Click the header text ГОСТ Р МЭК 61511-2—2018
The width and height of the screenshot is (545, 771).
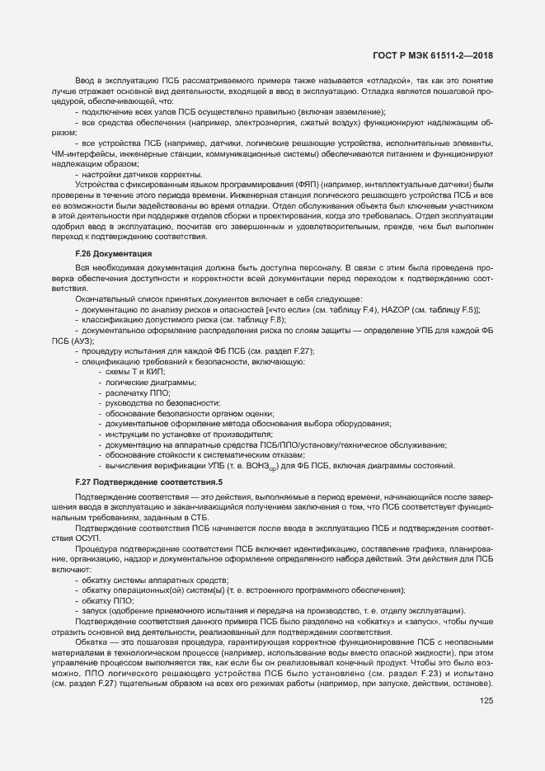point(444,55)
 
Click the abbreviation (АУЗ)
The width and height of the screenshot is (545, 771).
point(83,340)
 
